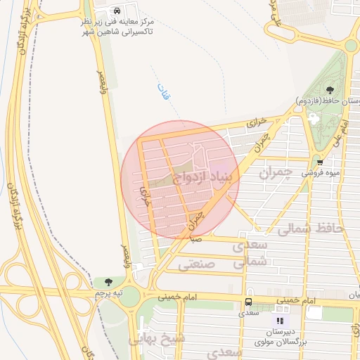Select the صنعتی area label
pyautogui.click(x=194, y=265)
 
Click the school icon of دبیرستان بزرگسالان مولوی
pyautogui.click(x=280, y=321)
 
